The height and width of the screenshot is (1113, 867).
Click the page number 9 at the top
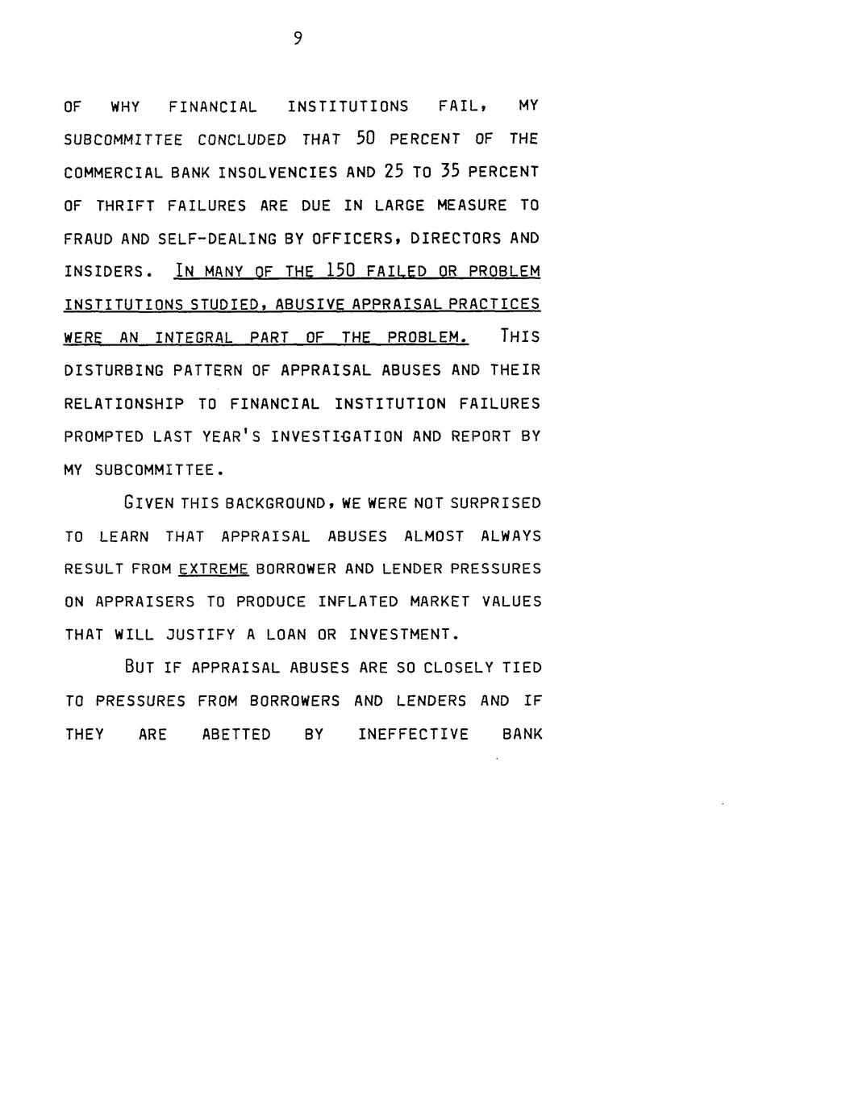pos(298,38)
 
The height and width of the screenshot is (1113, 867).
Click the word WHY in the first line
pos(125,106)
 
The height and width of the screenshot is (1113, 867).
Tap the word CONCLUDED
pos(242,140)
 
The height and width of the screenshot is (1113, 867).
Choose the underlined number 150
pos(334,271)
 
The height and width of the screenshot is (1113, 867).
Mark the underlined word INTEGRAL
pos(194,338)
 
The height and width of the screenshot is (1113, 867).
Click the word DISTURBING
pos(114,371)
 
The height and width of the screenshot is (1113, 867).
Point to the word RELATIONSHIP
pos(123,404)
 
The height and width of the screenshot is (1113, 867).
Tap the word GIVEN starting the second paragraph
pos(148,503)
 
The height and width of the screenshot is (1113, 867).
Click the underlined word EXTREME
pos(213,569)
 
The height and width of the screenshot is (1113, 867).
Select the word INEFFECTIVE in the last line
pos(413,734)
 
